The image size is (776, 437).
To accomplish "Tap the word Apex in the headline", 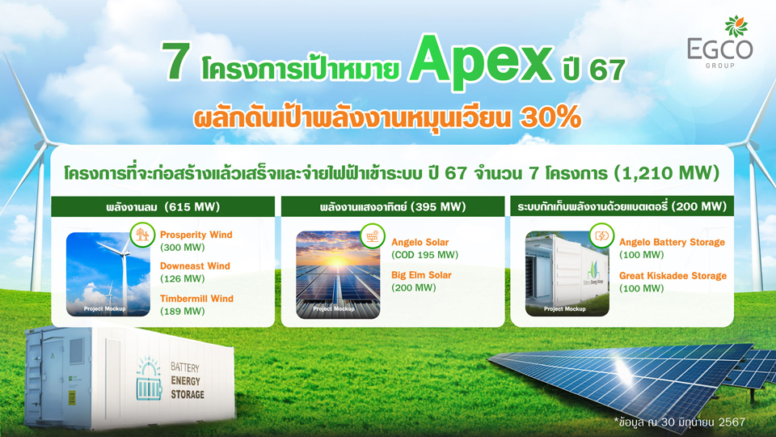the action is (x=480, y=62).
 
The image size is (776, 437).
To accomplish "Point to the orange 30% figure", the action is (x=550, y=117).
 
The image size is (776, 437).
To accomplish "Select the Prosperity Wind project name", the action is (x=196, y=235).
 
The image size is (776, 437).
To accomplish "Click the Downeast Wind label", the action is (x=195, y=266).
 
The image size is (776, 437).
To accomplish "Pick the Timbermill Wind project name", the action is (x=196, y=299).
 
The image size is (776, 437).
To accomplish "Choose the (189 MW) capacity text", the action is (x=182, y=311).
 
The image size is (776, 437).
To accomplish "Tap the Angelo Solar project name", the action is (x=420, y=242).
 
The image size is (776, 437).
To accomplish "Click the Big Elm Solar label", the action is (x=421, y=275).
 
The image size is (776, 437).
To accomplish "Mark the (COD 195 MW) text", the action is (x=424, y=255).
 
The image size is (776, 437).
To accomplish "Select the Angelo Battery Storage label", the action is (x=672, y=242).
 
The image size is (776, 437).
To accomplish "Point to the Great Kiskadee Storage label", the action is (x=673, y=276).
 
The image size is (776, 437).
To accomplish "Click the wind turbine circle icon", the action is (x=142, y=235).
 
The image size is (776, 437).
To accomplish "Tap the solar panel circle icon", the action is (x=373, y=235).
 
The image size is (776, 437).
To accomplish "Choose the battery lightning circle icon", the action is (x=601, y=235).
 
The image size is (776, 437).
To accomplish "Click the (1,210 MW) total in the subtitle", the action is (x=667, y=173).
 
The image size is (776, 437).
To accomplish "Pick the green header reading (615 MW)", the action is (x=162, y=206).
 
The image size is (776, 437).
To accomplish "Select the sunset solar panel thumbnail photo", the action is (x=338, y=274).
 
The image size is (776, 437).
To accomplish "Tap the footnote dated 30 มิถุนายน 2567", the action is (x=680, y=422).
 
